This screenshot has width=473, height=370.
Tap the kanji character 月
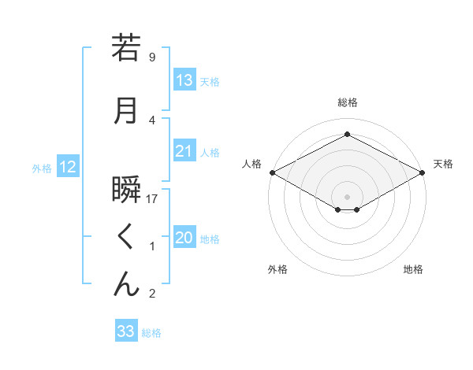click(x=127, y=111)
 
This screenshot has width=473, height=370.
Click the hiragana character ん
click(x=127, y=284)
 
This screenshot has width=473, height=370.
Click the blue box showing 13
click(x=184, y=80)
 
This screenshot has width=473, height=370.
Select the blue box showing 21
click(x=184, y=152)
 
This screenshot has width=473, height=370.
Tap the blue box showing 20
click(x=184, y=238)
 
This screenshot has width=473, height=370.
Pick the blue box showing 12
click(x=67, y=167)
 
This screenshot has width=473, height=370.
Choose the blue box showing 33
click(x=126, y=331)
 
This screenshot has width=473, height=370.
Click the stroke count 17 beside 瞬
click(x=153, y=199)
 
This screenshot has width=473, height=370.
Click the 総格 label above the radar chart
click(x=348, y=102)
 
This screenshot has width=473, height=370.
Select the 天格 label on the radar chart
click(x=443, y=164)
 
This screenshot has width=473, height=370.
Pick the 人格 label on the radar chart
click(x=252, y=164)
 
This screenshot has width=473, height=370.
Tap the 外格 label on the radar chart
click(x=277, y=269)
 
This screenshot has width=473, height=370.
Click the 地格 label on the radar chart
click(x=413, y=269)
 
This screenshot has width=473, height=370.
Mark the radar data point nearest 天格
click(x=423, y=172)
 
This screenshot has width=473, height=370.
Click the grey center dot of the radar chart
click(x=348, y=196)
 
